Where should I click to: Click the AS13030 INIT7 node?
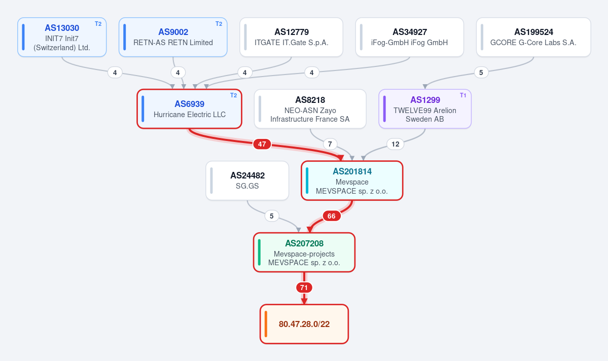pyautogui.click(x=62, y=37)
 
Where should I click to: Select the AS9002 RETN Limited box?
pyautogui.click(x=173, y=37)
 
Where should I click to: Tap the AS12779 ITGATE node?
pyautogui.click(x=291, y=37)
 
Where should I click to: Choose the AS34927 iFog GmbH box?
pyautogui.click(x=409, y=37)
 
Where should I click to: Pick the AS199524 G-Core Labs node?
pyautogui.click(x=533, y=37)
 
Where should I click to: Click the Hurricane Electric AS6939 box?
pyautogui.click(x=189, y=109)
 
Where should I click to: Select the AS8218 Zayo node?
pyautogui.click(x=310, y=109)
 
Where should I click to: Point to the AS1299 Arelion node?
pyautogui.click(x=425, y=109)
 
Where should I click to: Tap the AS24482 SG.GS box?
pyautogui.click(x=247, y=181)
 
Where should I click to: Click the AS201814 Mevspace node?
pyautogui.click(x=352, y=181)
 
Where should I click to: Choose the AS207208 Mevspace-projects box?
pyautogui.click(x=304, y=252)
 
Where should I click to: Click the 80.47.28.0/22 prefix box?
pyautogui.click(x=304, y=324)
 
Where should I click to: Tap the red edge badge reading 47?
pyautogui.click(x=262, y=144)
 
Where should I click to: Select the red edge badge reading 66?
pyautogui.click(x=332, y=216)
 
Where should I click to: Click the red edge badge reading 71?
pyautogui.click(x=304, y=287)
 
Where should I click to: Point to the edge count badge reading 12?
pyautogui.click(x=396, y=144)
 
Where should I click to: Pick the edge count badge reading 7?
pyautogui.click(x=330, y=144)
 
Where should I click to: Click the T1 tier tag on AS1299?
pyautogui.click(x=463, y=95)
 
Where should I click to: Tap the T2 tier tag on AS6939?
pyautogui.click(x=233, y=95)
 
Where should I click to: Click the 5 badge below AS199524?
pyautogui.click(x=481, y=73)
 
